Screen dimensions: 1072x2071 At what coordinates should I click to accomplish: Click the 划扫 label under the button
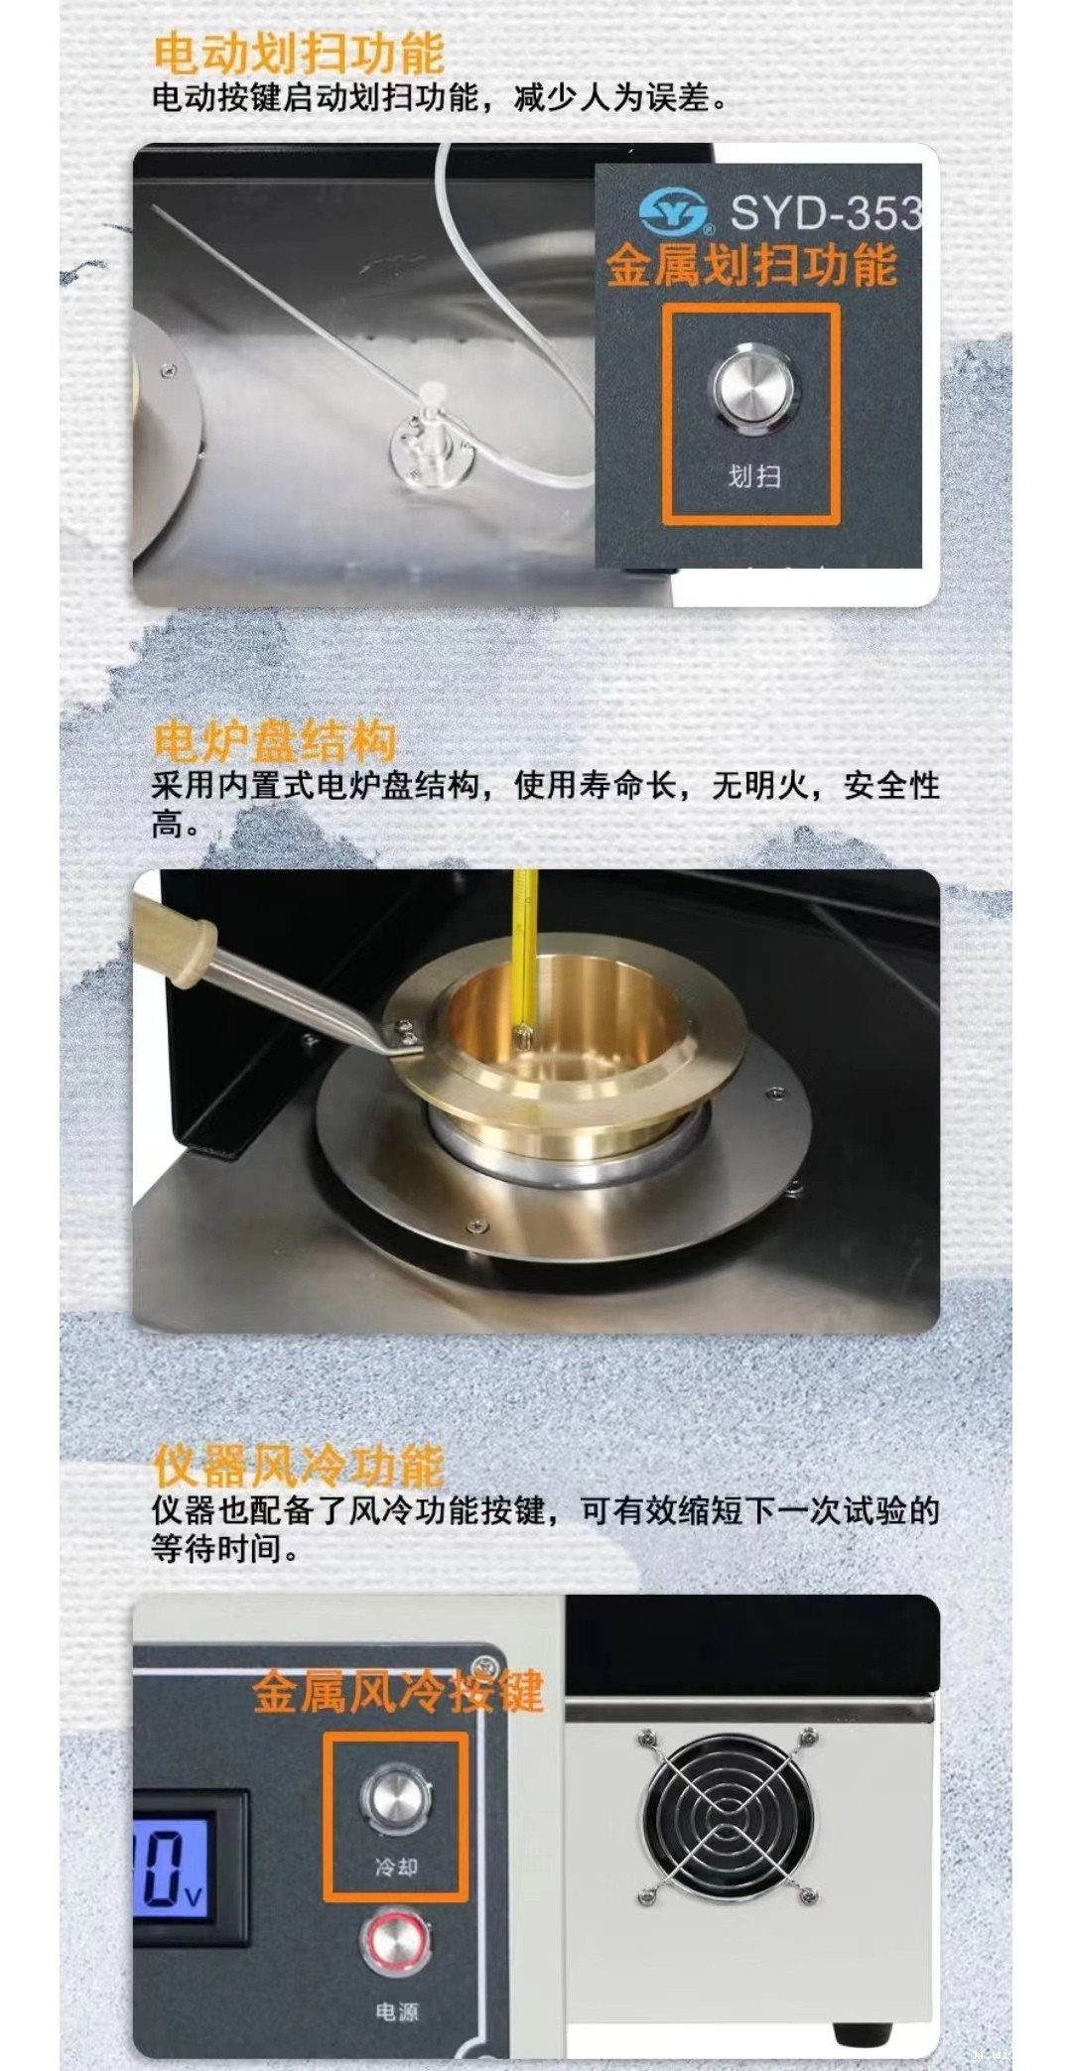coord(754,476)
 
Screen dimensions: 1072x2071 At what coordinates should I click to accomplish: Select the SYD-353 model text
coord(826,212)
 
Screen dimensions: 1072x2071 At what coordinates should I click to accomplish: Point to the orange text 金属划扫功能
coord(751,266)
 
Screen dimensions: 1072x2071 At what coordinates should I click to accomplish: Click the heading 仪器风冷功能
coord(299,1465)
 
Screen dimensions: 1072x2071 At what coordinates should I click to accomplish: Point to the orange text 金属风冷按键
coord(397,1693)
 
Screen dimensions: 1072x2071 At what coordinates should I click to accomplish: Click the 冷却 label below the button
coord(396,1867)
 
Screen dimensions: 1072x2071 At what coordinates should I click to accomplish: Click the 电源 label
coord(396,2011)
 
